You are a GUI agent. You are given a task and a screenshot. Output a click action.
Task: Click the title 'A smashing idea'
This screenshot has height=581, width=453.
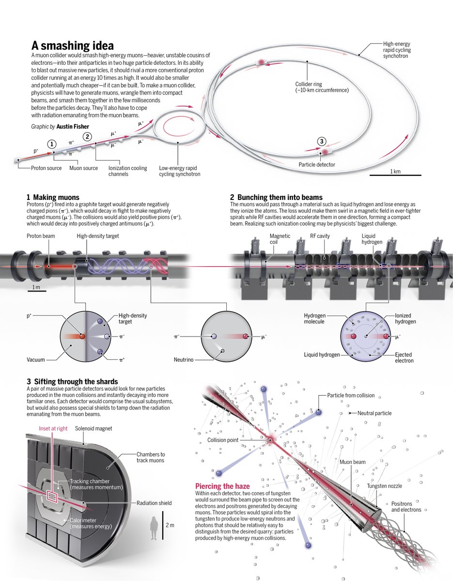pyautogui.click(x=73, y=46)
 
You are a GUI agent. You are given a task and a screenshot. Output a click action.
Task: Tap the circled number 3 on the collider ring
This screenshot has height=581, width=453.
pyautogui.click(x=322, y=141)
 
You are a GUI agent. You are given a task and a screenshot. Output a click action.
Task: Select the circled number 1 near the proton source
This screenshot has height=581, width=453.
pyautogui.click(x=52, y=144)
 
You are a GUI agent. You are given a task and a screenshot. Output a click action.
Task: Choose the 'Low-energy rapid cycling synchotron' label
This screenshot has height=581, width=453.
pyautogui.click(x=179, y=171)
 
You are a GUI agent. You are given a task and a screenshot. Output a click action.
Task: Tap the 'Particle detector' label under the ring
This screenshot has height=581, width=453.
pyautogui.click(x=316, y=165)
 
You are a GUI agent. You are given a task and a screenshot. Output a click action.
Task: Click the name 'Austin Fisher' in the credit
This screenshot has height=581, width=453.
pyautogui.click(x=73, y=127)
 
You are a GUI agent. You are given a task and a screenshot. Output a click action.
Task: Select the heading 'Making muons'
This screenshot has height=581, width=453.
pyautogui.click(x=56, y=197)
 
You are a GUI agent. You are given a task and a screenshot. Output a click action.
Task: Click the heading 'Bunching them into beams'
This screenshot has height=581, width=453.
pyautogui.click(x=279, y=197)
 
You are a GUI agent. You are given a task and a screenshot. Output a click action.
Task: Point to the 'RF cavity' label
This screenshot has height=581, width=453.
pyautogui.click(x=321, y=236)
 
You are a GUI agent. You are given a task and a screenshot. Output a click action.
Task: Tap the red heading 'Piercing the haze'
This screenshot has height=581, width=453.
pyautogui.click(x=222, y=486)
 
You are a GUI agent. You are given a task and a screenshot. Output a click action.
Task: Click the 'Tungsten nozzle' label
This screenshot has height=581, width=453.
pyautogui.click(x=384, y=486)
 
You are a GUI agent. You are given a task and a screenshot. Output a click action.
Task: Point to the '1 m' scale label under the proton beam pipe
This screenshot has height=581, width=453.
pyautogui.click(x=36, y=288)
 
